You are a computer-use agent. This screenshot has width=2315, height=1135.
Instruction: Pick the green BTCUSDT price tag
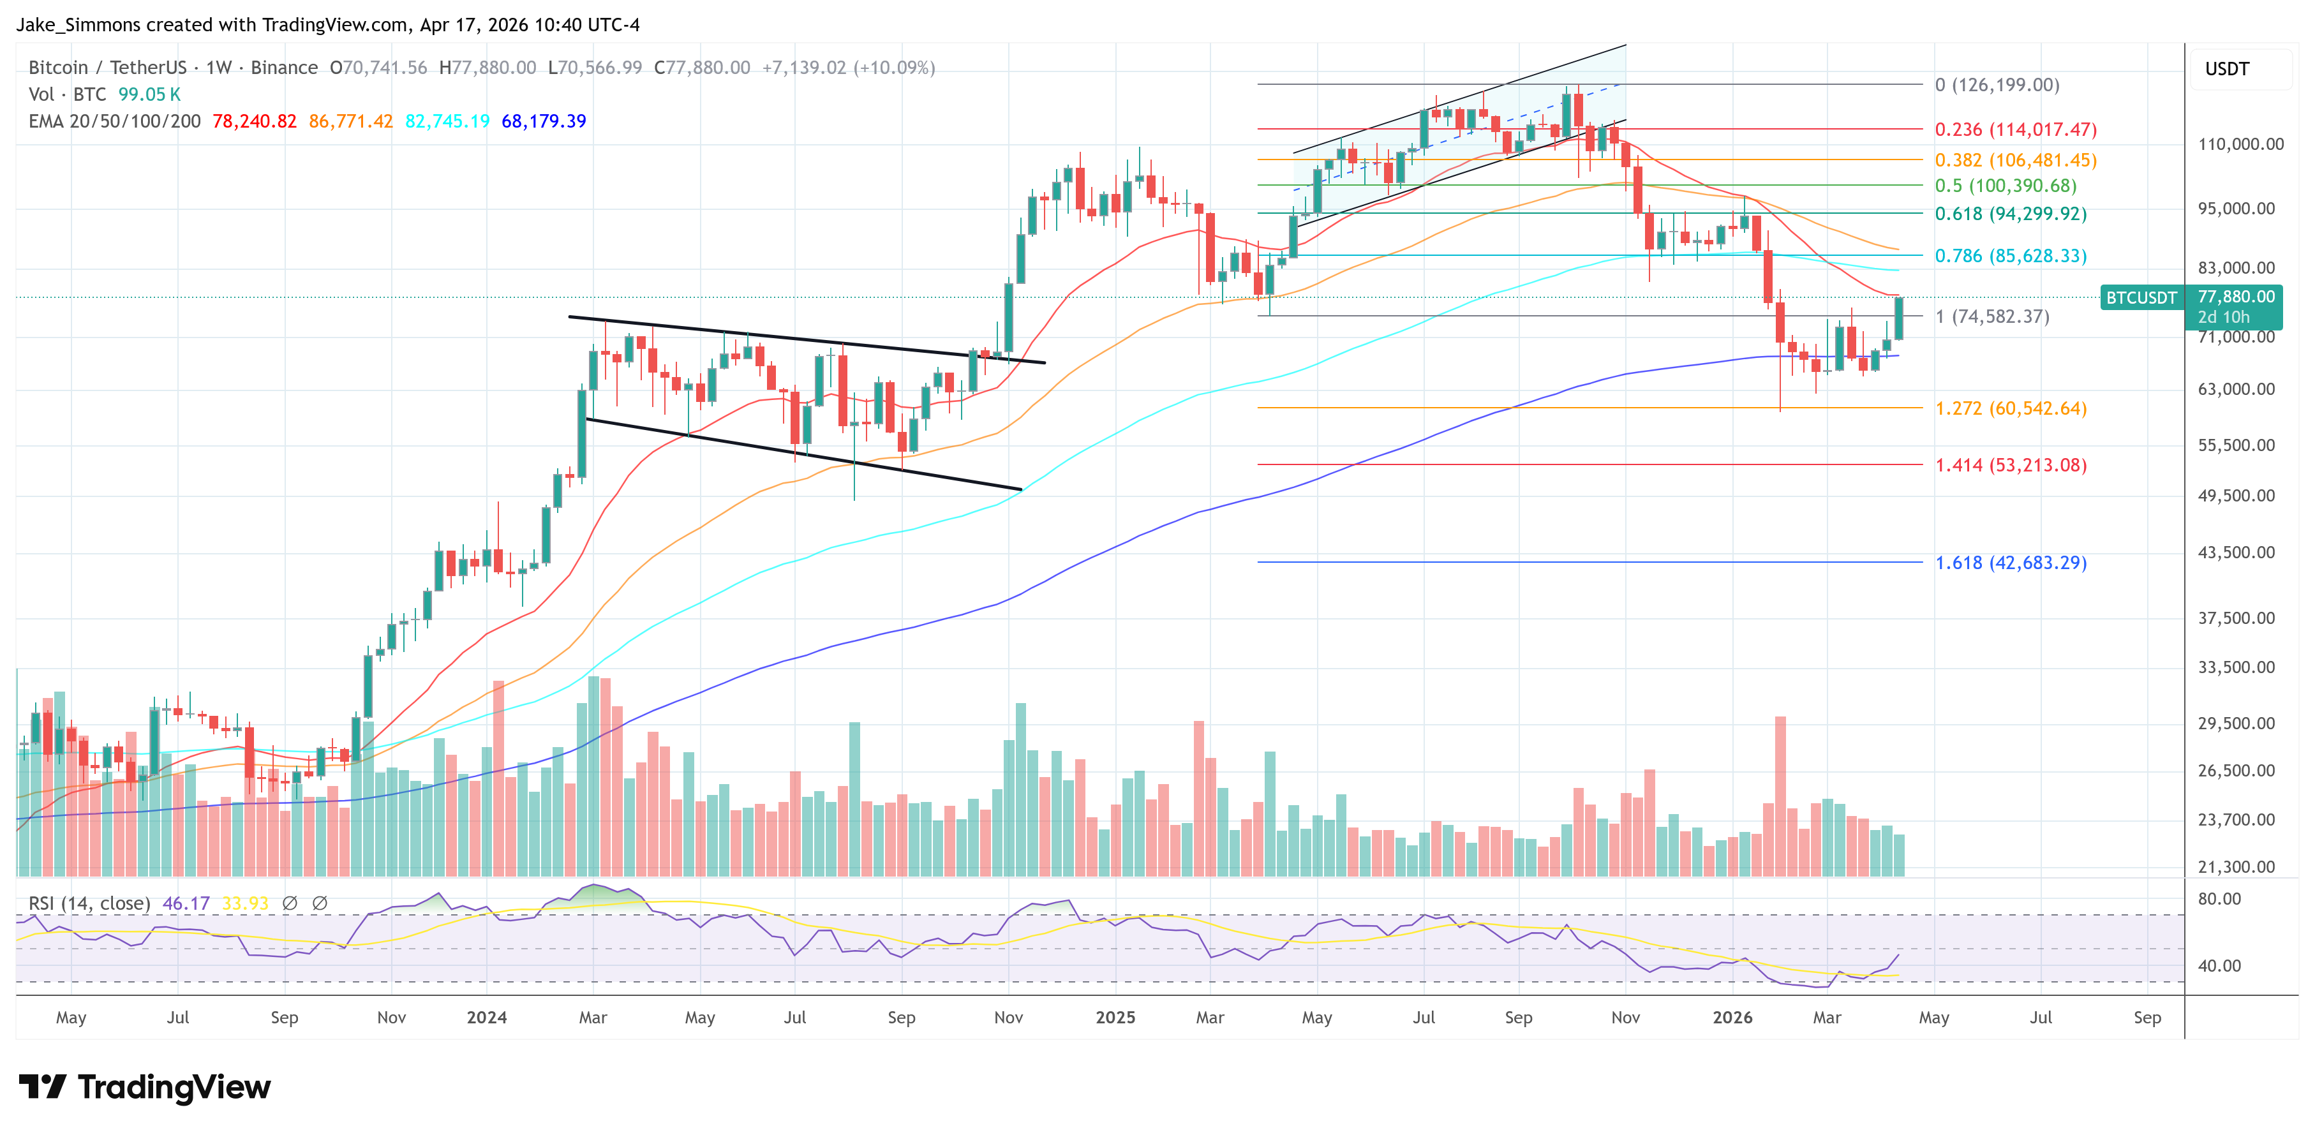tap(2141, 297)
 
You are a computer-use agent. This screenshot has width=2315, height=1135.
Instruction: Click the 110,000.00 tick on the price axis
tap(2240, 144)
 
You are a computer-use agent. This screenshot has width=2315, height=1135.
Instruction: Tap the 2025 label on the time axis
tap(1115, 1017)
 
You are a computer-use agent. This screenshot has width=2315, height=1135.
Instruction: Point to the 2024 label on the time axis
tap(486, 1017)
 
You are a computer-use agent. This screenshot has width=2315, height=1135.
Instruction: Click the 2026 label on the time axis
tap(1732, 1017)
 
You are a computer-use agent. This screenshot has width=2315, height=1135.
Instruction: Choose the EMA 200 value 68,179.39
tap(544, 121)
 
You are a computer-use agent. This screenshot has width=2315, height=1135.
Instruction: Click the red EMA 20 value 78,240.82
tap(255, 121)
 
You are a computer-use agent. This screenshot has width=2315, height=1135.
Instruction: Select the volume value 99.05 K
tap(149, 94)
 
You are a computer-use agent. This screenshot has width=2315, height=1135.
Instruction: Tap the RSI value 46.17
tap(186, 903)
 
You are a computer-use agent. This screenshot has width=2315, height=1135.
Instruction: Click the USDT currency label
tap(2227, 69)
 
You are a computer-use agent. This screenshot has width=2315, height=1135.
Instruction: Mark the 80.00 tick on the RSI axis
tap(2219, 899)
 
